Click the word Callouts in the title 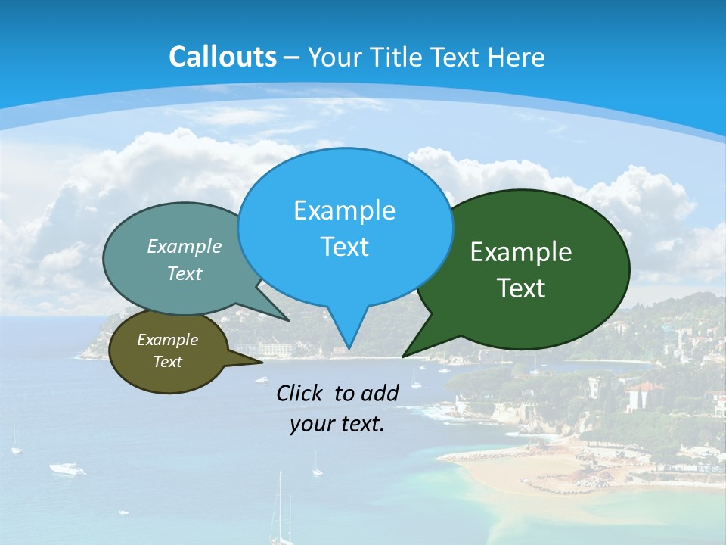(222, 58)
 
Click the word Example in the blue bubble (344, 210)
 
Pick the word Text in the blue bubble (344, 247)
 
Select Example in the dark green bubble (521, 252)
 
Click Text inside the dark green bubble (521, 288)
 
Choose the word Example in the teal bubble (185, 247)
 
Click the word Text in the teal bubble (185, 274)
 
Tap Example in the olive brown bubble (167, 340)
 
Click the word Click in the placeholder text (300, 393)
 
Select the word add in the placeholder (380, 393)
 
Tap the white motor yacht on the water (67, 469)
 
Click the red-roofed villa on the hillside (644, 395)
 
